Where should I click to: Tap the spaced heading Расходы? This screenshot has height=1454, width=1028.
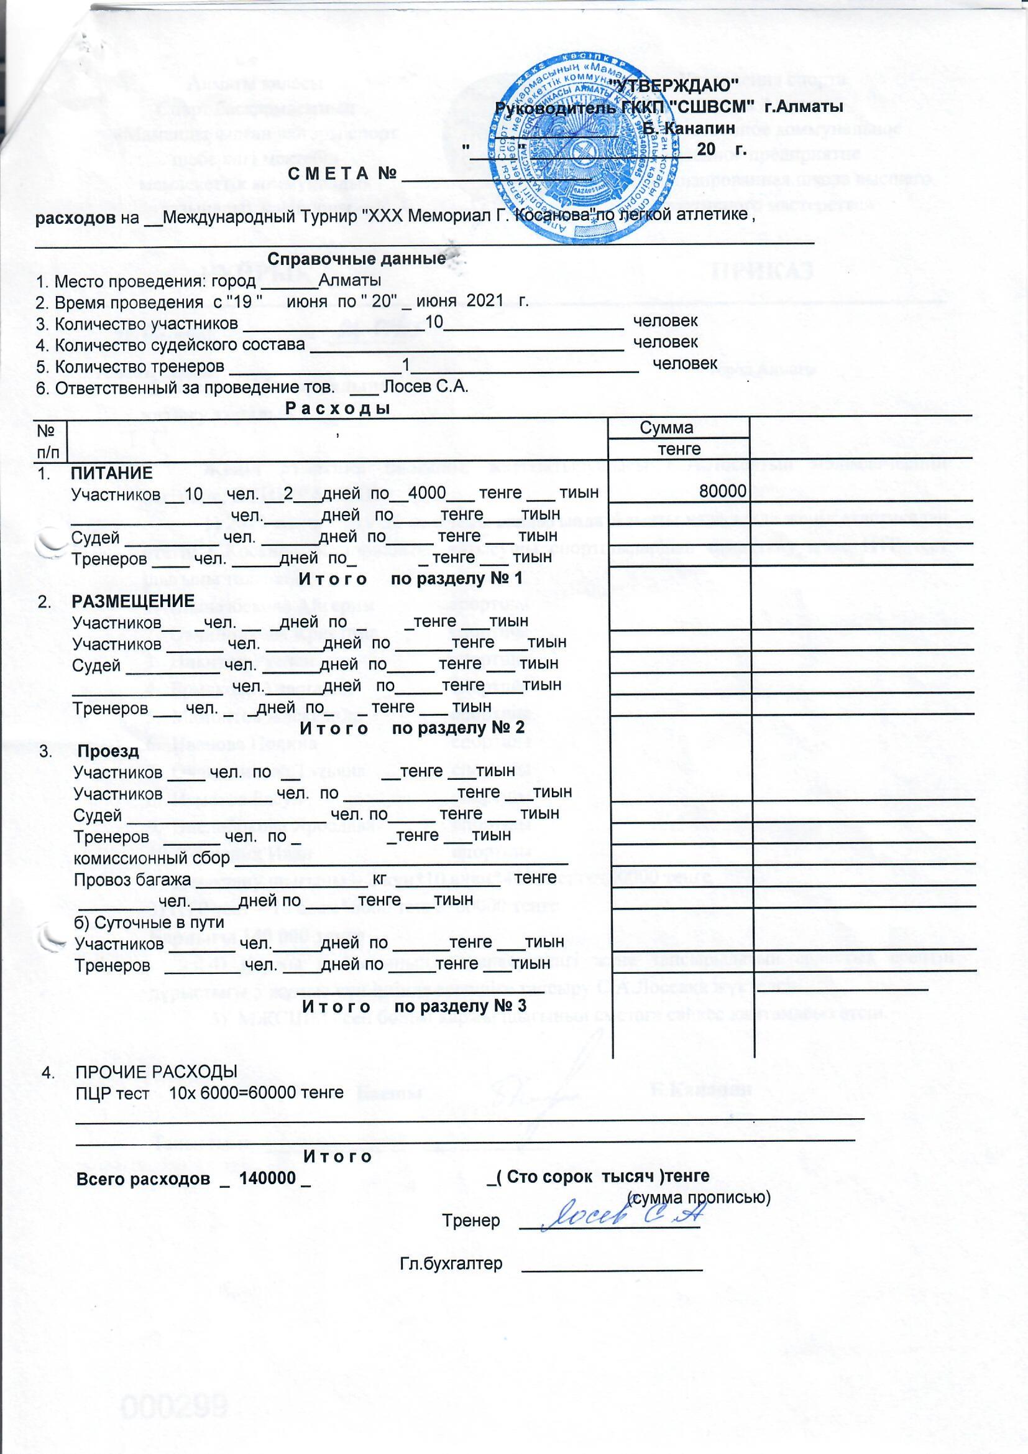[337, 409]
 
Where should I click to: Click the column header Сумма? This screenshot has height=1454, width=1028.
[666, 428]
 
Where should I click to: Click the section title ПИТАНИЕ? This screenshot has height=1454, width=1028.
[111, 474]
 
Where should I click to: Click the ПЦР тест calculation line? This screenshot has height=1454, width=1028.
[209, 1093]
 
